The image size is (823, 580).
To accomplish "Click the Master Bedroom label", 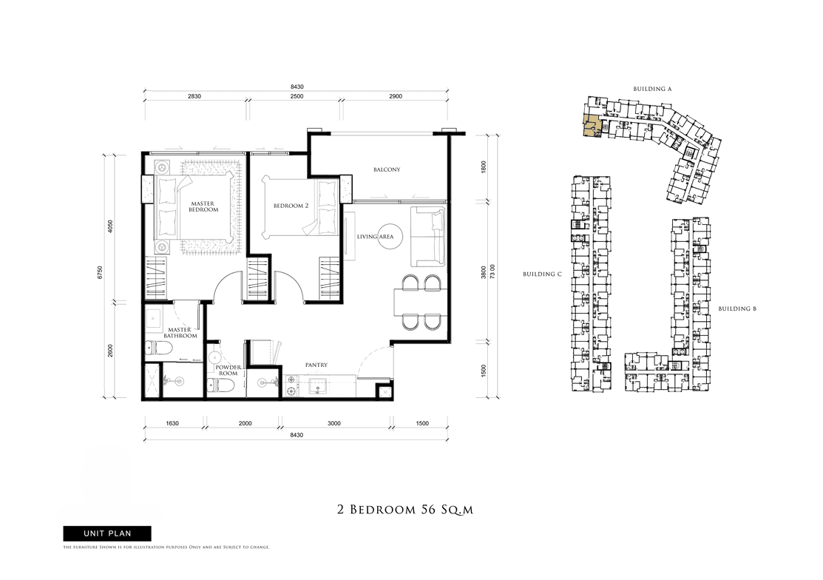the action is click(x=203, y=207).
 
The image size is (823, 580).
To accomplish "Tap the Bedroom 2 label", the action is click(x=291, y=206).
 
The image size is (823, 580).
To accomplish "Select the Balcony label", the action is click(x=387, y=169).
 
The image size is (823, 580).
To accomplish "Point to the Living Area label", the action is click(x=376, y=237).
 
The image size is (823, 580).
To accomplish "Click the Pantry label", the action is click(x=316, y=365).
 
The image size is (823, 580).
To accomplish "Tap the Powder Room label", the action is click(x=228, y=370).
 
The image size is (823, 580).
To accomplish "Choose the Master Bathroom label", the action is click(x=180, y=333).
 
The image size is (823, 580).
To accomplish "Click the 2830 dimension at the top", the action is click(x=194, y=96).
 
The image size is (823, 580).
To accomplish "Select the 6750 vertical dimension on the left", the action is click(x=101, y=272).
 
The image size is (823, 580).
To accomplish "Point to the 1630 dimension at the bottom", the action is click(x=172, y=423).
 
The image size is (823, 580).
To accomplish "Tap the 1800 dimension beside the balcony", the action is click(x=484, y=167).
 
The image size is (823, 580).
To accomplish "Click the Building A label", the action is click(x=652, y=90).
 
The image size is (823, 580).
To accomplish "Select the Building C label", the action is click(x=542, y=274).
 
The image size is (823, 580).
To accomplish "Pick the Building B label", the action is click(x=737, y=308).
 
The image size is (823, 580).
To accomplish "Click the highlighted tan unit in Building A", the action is click(x=592, y=127).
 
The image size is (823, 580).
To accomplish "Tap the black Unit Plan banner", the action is click(x=107, y=533).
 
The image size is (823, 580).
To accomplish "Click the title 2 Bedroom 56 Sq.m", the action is click(x=405, y=510).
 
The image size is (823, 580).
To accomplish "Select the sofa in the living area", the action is click(x=427, y=236).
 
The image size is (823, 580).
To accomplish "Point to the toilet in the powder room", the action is click(x=215, y=385).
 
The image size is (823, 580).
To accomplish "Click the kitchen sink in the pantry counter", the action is click(x=318, y=385).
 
